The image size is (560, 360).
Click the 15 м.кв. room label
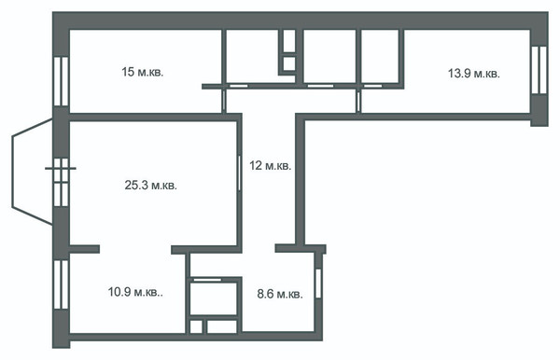(x=143, y=73)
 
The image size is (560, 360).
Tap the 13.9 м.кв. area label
(x=474, y=74)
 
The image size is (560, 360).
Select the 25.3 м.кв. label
(x=150, y=186)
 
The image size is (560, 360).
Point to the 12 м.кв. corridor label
(x=271, y=166)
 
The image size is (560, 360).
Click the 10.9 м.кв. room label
(x=135, y=292)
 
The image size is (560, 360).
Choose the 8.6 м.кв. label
(x=280, y=295)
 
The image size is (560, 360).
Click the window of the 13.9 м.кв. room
(x=539, y=70)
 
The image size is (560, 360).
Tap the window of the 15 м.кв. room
(x=61, y=81)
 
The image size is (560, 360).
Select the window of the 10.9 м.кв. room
(x=61, y=284)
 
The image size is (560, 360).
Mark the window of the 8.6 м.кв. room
(x=318, y=284)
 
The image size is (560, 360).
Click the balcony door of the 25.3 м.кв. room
(x=61, y=182)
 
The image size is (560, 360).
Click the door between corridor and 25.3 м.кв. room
(x=239, y=173)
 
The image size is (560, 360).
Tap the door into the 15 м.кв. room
(x=224, y=101)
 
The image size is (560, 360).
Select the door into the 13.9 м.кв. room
(x=358, y=102)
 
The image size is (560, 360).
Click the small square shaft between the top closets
(x=289, y=64)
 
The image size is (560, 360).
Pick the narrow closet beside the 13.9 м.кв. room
(x=380, y=56)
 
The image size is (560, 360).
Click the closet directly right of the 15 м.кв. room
(x=252, y=56)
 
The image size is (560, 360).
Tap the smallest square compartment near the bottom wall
(x=196, y=326)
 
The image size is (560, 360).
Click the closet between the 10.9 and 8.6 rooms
(x=214, y=298)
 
